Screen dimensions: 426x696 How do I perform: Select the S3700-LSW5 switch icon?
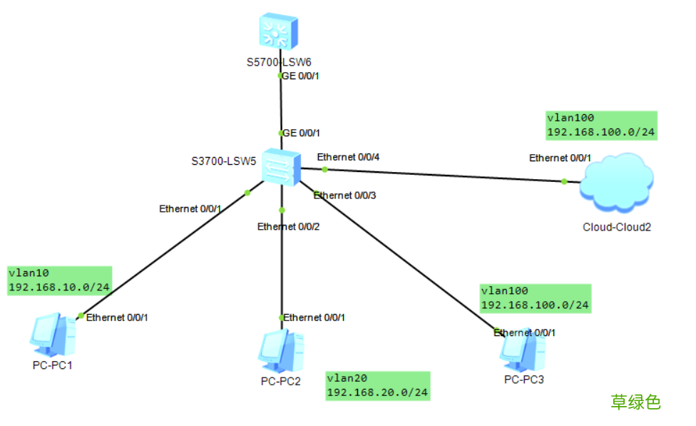click(281, 167)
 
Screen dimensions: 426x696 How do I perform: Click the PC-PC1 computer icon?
click(52, 335)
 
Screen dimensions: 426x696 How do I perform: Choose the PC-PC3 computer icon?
click(523, 348)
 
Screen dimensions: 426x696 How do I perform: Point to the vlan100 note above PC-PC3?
click(535, 298)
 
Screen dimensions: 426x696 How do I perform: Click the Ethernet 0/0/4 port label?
click(347, 157)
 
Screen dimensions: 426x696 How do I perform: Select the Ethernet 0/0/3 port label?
click(345, 195)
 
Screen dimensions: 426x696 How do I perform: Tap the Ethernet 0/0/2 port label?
click(288, 226)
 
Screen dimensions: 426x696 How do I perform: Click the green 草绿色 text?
click(635, 402)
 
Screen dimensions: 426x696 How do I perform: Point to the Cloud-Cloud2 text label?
click(617, 228)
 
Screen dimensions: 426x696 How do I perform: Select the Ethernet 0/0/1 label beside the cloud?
click(560, 158)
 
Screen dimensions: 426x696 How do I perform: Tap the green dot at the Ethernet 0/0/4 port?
click(324, 169)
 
